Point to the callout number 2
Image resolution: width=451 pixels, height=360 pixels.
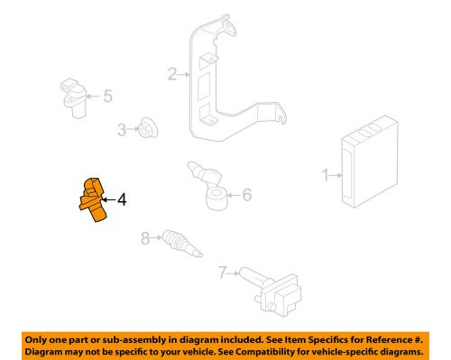(171, 75)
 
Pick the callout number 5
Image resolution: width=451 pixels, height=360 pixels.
(106, 96)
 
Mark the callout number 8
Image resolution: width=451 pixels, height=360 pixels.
(144, 239)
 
